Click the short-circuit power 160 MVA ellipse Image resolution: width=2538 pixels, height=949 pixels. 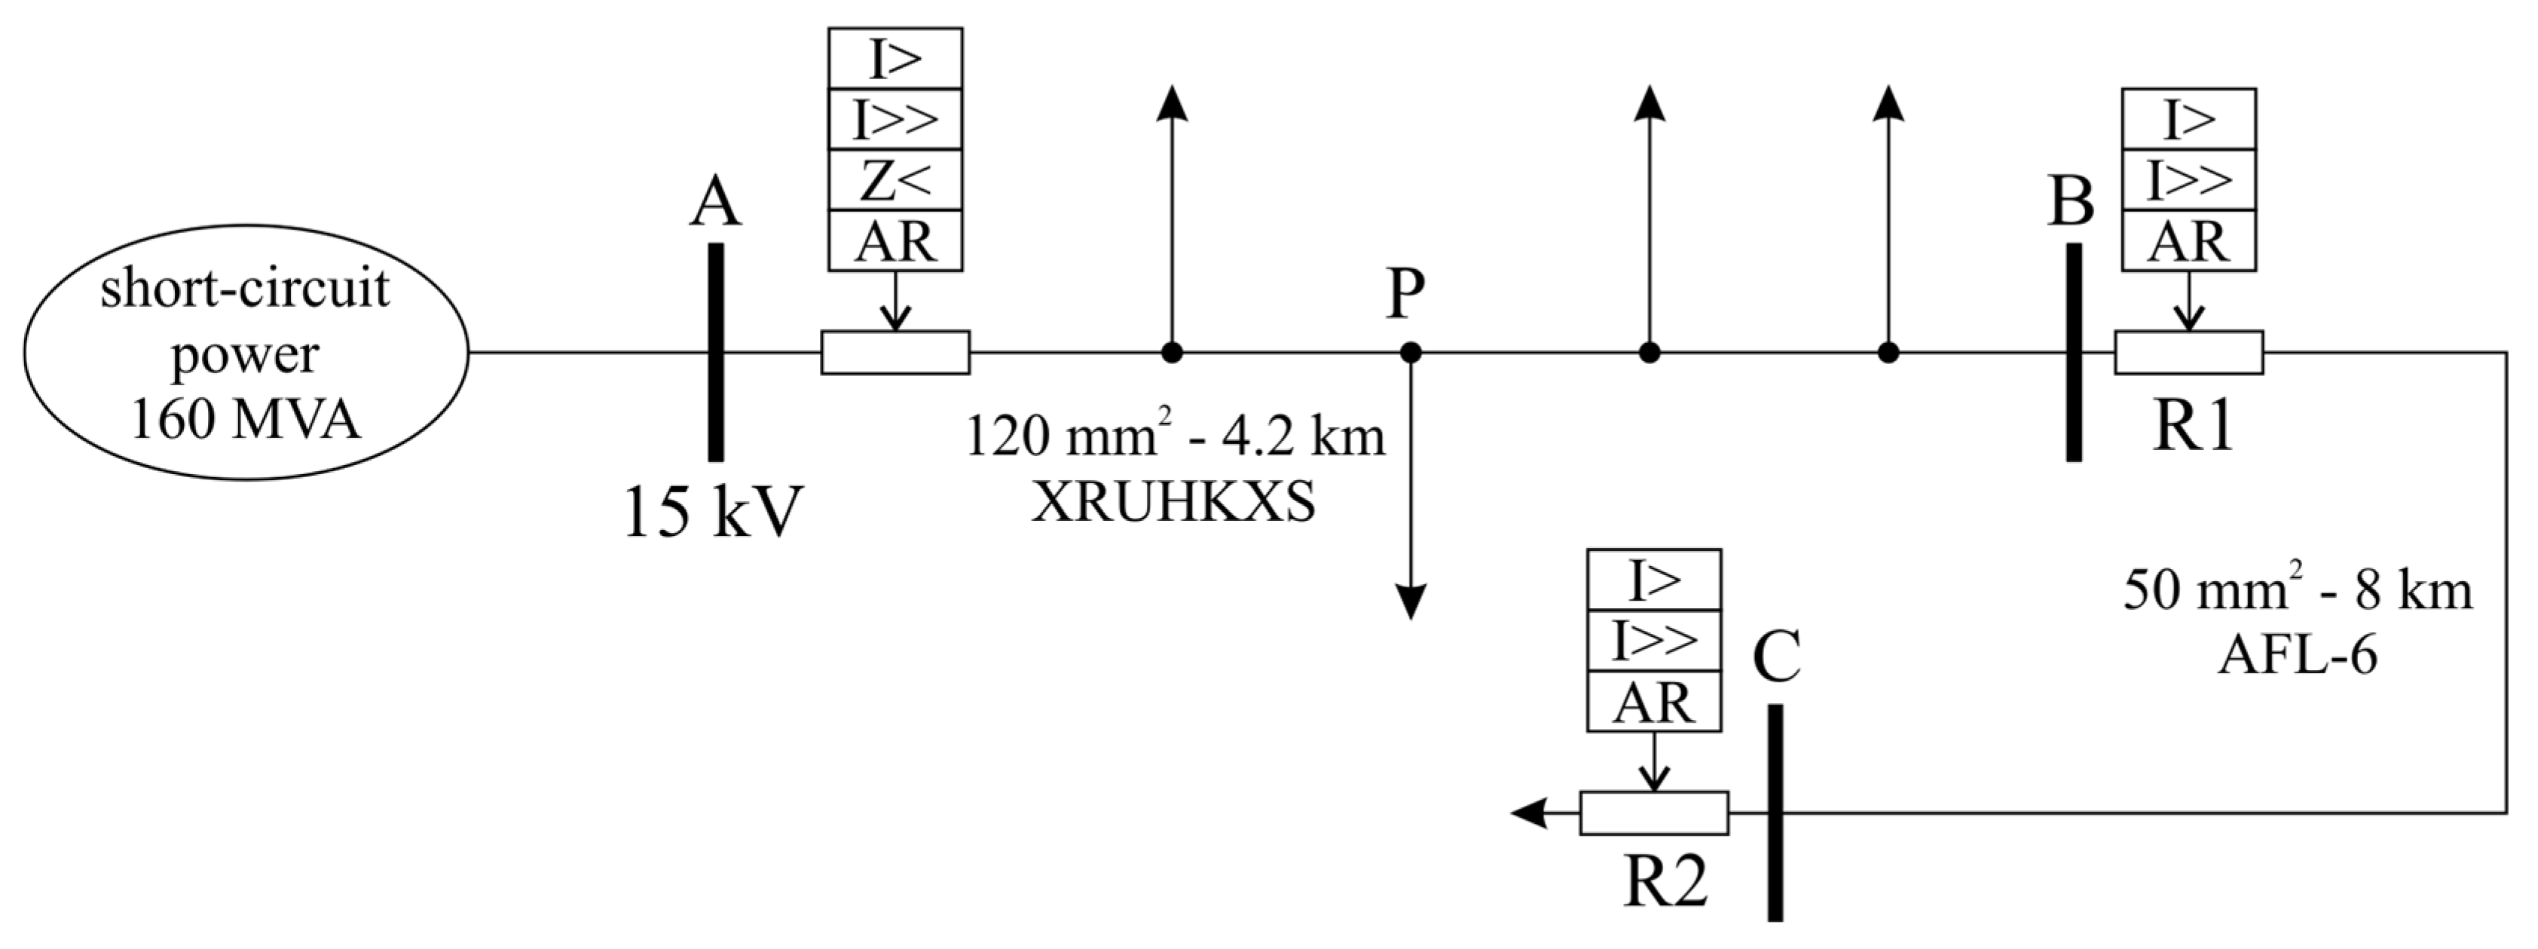pyautogui.click(x=246, y=352)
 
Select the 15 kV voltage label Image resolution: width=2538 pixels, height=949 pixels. pyautogui.click(x=714, y=512)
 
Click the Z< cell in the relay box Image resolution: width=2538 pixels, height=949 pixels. pyautogui.click(x=895, y=180)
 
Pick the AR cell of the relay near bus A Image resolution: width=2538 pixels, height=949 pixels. pyautogui.click(x=895, y=241)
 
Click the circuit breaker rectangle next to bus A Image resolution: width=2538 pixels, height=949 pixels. pyautogui.click(x=895, y=353)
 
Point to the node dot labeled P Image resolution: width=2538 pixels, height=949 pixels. pyautogui.click(x=1411, y=352)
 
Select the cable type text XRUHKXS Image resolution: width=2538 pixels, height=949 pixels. pyautogui.click(x=1173, y=504)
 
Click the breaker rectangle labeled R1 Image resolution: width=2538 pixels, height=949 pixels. pyautogui.click(x=2188, y=353)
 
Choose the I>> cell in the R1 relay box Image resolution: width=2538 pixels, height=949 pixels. pyautogui.click(x=2188, y=180)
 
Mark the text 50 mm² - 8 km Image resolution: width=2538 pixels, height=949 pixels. pyautogui.click(x=2298, y=590)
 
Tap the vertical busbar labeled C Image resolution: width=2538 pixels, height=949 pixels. pyautogui.click(x=1775, y=813)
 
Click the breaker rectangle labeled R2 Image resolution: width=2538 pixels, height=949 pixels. pyautogui.click(x=1654, y=813)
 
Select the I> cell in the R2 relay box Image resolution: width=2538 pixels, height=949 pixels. pyautogui.click(x=1654, y=580)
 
